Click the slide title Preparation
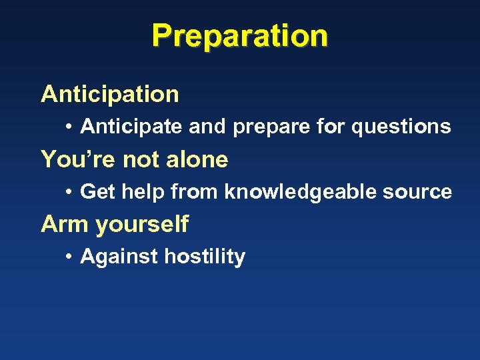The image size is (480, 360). tap(239, 36)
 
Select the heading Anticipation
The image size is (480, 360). tap(110, 95)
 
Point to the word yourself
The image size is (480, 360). tap(142, 225)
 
